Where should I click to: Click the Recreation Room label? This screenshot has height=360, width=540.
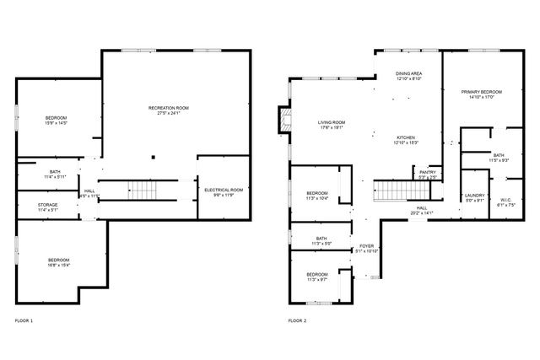[x=168, y=110]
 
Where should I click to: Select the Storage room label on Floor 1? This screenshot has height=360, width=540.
[x=47, y=207]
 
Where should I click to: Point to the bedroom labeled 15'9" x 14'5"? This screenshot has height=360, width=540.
[x=56, y=120]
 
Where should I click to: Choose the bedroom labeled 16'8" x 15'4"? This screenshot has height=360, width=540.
[x=58, y=262]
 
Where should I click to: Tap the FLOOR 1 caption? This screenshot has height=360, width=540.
[x=24, y=321]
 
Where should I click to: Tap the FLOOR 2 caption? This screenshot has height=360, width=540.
[x=297, y=321]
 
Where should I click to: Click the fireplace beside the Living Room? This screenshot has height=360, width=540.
[x=284, y=120]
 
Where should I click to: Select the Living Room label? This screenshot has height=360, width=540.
[x=332, y=125]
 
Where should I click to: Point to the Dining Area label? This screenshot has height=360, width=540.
[x=408, y=77]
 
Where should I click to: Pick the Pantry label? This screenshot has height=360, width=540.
[x=428, y=175]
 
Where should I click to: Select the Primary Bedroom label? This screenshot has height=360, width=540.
[x=481, y=94]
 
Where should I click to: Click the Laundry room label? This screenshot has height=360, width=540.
[x=474, y=198]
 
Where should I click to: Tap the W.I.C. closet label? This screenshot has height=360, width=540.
[x=505, y=201]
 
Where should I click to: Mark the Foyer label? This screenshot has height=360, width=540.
[x=367, y=248]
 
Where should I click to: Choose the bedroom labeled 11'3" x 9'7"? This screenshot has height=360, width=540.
[x=317, y=277]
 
